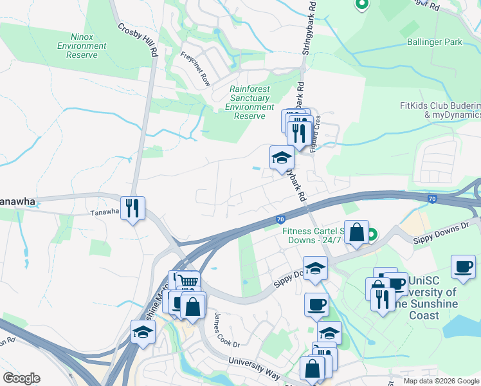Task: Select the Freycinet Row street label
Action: point(195,69)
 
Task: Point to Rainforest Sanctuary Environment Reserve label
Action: point(250,102)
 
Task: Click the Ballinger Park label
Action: point(435,42)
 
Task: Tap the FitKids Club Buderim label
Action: point(440,109)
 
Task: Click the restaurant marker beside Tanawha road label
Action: point(132,208)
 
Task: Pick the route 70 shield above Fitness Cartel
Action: point(280,220)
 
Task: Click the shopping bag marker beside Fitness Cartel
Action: point(356,233)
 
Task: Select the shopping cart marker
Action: point(187,282)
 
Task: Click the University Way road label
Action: point(255,367)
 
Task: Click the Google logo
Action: point(21,378)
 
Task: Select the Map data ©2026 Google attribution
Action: point(441,381)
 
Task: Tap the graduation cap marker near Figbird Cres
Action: point(281,158)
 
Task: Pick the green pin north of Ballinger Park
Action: point(361,4)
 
